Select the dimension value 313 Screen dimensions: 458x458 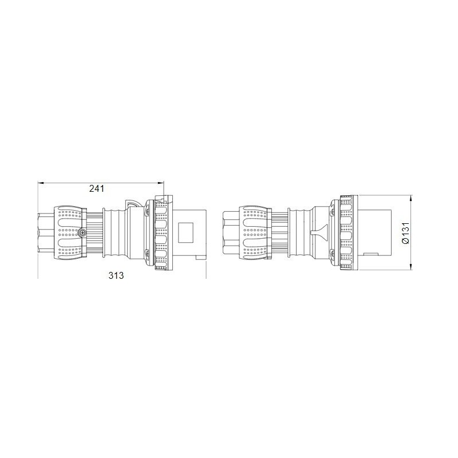[x=116, y=275]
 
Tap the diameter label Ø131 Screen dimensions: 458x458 [x=405, y=233]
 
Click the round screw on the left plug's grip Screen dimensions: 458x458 [x=82, y=233]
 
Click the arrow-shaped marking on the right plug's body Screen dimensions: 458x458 [x=318, y=232]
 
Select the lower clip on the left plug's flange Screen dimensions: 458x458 [x=147, y=252]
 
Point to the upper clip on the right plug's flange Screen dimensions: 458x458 [x=331, y=210]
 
